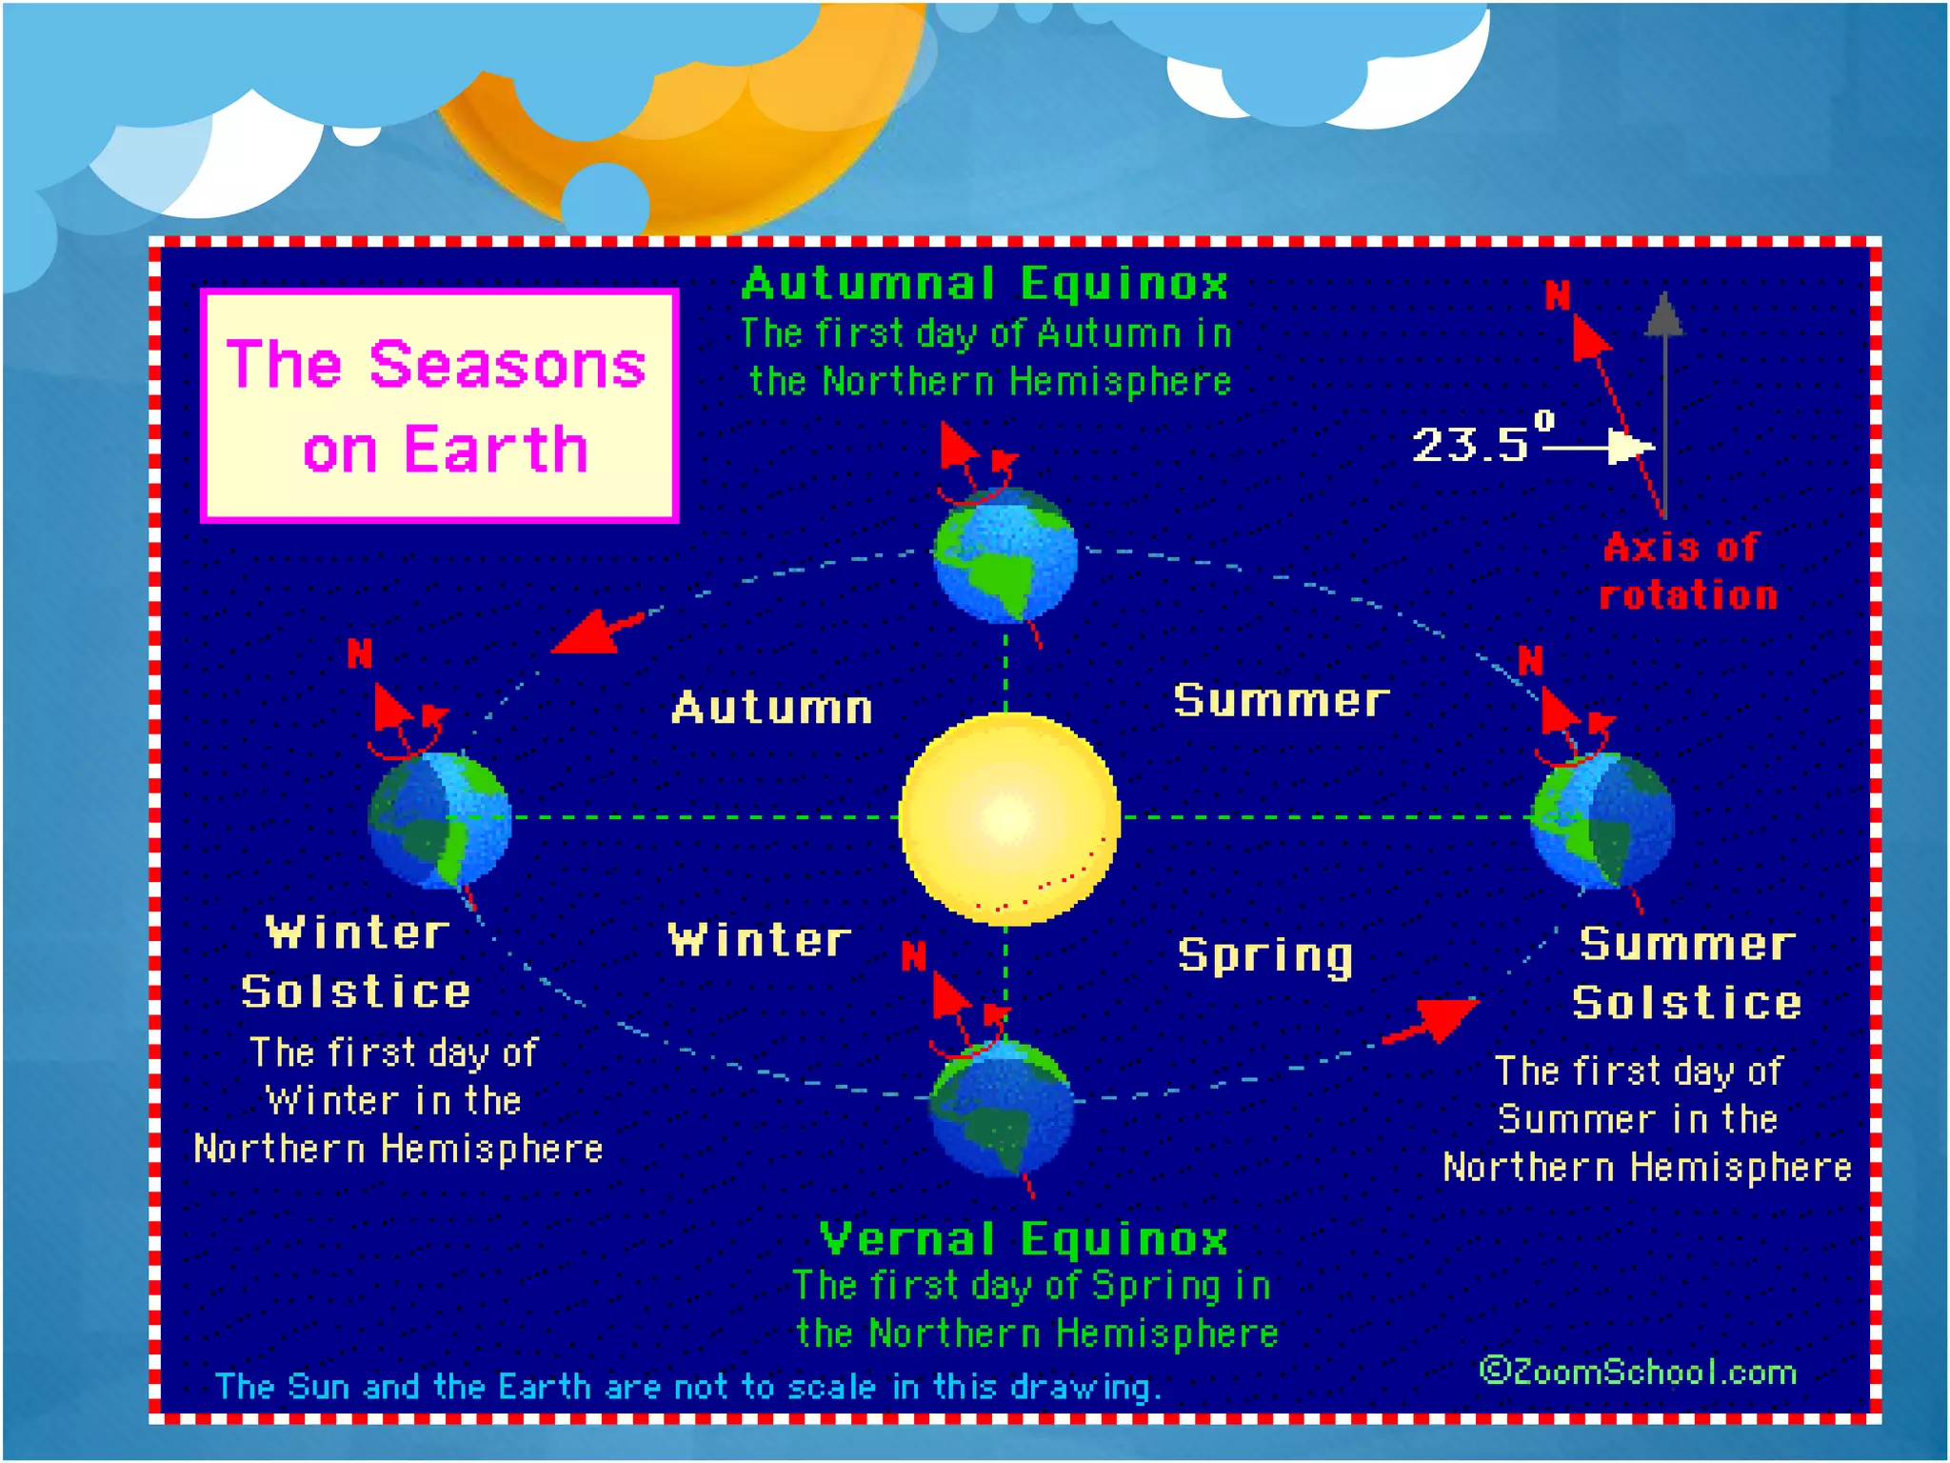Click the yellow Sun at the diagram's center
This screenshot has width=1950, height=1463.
[1008, 818]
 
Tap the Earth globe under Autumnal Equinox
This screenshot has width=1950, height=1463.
[1005, 554]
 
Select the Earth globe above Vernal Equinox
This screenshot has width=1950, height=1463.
[1001, 1108]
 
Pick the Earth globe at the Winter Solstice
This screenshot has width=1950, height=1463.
[440, 819]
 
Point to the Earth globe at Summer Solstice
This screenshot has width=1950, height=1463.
[1602, 819]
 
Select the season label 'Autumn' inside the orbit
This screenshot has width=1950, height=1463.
[771, 708]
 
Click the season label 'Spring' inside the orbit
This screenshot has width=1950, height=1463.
[1264, 954]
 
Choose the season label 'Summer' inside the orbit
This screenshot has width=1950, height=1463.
[1281, 701]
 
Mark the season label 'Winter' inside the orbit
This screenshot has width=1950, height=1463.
[759, 940]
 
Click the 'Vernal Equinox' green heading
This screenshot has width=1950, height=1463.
[1024, 1239]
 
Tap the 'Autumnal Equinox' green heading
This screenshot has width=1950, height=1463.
[985, 284]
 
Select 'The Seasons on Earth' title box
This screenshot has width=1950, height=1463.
[439, 406]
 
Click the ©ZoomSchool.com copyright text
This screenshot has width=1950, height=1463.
[1638, 1372]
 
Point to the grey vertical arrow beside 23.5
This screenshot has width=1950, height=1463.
[1664, 400]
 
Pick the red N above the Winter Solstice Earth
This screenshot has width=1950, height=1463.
[359, 654]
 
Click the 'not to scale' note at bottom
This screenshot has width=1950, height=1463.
[687, 1387]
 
